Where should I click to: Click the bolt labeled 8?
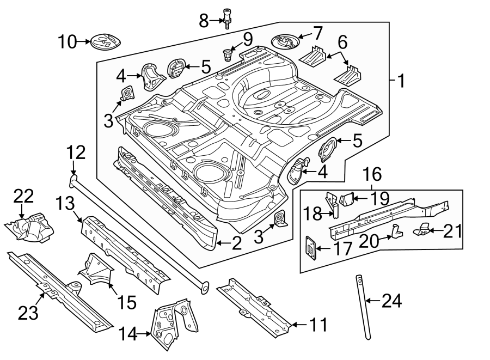click(x=226, y=18)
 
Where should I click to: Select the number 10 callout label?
click(x=68, y=41)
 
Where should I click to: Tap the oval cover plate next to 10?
click(x=106, y=41)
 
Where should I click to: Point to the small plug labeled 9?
click(x=227, y=54)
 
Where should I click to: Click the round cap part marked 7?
click(x=285, y=41)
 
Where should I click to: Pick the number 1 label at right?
click(x=400, y=82)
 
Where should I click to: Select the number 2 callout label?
click(x=236, y=243)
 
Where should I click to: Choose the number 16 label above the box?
click(x=372, y=174)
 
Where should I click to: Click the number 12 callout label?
click(x=76, y=153)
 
